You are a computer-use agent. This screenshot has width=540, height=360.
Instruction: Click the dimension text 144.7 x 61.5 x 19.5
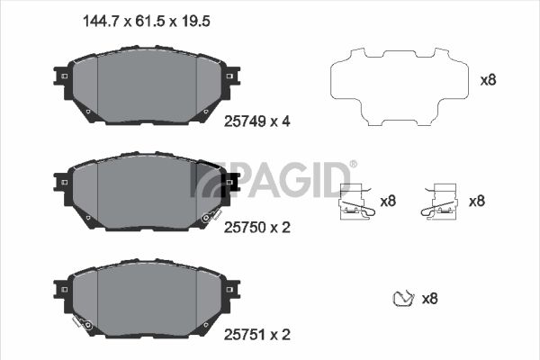pyautogui.click(x=147, y=22)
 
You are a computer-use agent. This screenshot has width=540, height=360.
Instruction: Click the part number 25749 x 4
pyautogui.click(x=256, y=121)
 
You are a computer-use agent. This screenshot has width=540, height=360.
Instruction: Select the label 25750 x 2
pyautogui.click(x=256, y=228)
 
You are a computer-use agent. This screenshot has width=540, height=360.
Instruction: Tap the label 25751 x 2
pyautogui.click(x=256, y=335)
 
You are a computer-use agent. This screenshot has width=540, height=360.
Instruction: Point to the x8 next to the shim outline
pyautogui.click(x=488, y=80)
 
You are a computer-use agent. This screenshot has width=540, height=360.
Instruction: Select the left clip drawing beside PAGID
pyautogui.click(x=356, y=202)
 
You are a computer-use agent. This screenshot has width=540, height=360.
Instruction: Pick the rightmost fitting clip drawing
pyautogui.click(x=440, y=202)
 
